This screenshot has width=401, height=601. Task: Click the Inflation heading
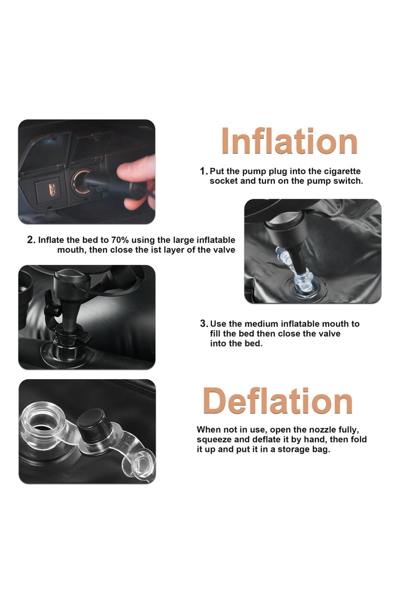tap(289, 141)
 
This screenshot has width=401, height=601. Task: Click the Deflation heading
tap(278, 401)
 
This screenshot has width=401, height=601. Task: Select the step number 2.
tap(31, 240)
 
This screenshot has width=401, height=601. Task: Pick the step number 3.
tap(204, 324)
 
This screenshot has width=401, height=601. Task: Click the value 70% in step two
tap(120, 239)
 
